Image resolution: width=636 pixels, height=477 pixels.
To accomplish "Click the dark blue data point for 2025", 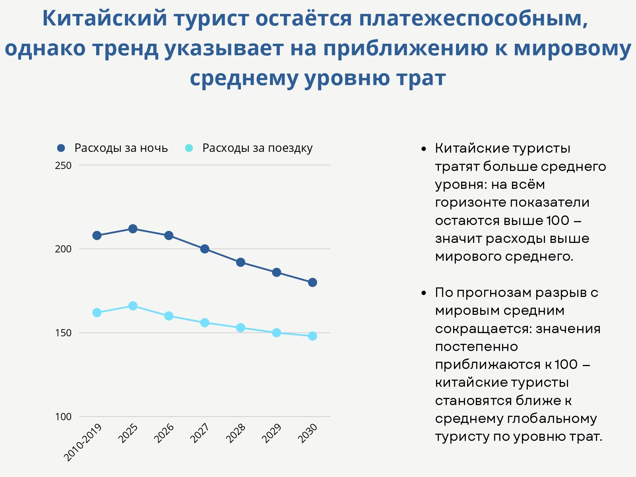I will (133, 229).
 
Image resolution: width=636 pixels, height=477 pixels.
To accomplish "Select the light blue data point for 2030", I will (312, 336).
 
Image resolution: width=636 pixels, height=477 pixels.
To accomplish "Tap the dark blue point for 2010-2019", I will (97, 235).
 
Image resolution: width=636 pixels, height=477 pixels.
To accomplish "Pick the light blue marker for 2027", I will (205, 322).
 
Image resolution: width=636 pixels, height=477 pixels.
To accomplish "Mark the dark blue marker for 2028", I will (240, 262).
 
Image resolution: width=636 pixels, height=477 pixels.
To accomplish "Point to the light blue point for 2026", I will (169, 316).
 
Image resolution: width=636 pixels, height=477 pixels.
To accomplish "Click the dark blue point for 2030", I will (312, 282).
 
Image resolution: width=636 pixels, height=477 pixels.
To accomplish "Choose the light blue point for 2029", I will (277, 333).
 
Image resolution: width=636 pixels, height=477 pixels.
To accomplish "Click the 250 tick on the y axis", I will (63, 165).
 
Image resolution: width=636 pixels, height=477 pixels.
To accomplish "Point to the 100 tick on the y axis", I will (63, 417).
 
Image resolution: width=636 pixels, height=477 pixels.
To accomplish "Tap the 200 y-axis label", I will (63, 249).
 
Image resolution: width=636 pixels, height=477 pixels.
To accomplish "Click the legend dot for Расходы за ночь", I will (61, 148).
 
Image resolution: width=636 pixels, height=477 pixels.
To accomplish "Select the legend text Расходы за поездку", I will (257, 148).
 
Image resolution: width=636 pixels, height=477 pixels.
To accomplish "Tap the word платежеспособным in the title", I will (473, 18).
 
